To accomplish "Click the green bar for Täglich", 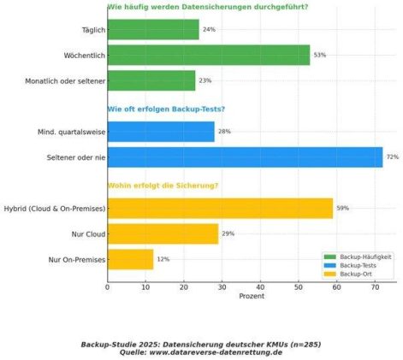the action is (x=153, y=29).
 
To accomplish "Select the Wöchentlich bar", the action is (x=209, y=55).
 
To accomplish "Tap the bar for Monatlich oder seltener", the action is (x=151, y=80).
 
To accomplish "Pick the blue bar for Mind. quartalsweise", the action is (x=161, y=132).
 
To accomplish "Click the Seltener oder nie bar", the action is (x=246, y=157).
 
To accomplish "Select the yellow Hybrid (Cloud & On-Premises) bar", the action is (x=220, y=209).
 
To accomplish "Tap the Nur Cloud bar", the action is (x=163, y=233).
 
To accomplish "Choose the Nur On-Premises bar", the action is (x=131, y=259).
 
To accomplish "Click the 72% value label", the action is (x=393, y=156).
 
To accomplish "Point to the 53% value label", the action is (x=320, y=55).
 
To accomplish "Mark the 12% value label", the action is (x=163, y=259).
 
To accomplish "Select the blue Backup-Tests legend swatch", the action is (x=330, y=266).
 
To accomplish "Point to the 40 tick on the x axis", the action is (x=260, y=287).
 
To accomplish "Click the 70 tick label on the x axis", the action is (x=375, y=287).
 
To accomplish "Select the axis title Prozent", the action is (x=252, y=296).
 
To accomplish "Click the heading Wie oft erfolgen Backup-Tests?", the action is (x=166, y=109).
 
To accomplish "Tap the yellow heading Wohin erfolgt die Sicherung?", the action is (x=163, y=186).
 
